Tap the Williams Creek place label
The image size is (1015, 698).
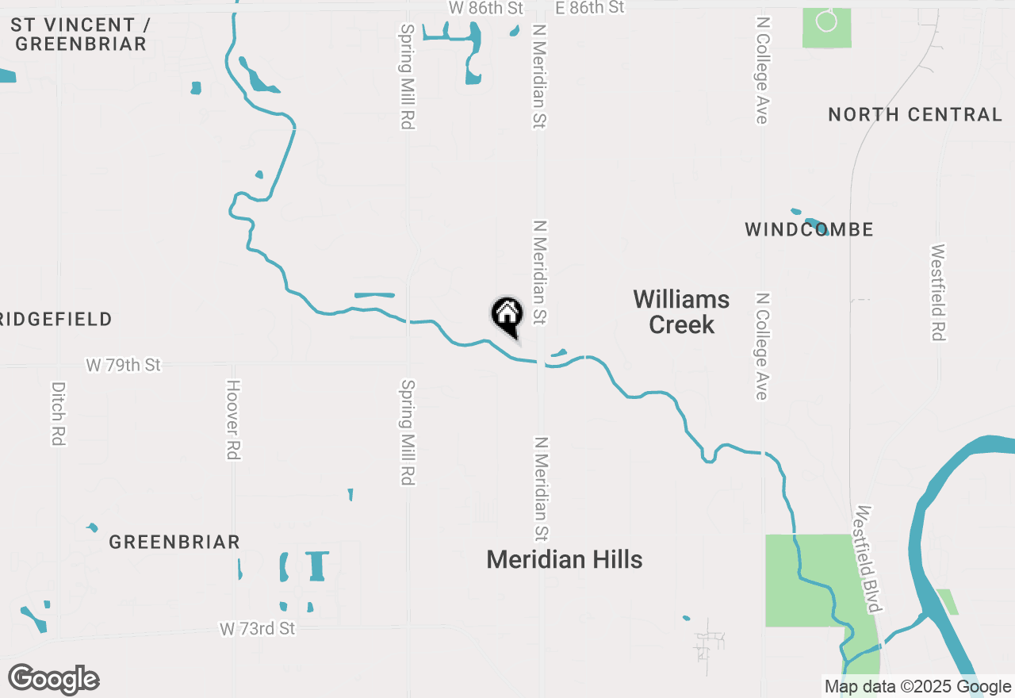click(x=681, y=312)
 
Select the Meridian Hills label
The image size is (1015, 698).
click(x=564, y=559)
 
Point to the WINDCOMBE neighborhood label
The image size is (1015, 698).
click(x=809, y=230)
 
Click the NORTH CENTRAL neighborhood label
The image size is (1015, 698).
click(x=915, y=115)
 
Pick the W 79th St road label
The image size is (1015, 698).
click(x=123, y=365)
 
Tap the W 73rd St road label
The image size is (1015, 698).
click(x=257, y=628)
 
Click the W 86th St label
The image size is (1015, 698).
click(x=486, y=8)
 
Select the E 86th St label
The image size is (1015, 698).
click(x=590, y=7)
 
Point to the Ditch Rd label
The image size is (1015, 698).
click(x=58, y=413)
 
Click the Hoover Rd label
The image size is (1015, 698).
click(x=232, y=420)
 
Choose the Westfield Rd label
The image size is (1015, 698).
click(x=938, y=292)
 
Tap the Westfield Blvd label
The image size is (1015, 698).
click(x=868, y=559)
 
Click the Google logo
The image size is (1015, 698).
click(x=53, y=680)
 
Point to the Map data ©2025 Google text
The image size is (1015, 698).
click(x=917, y=687)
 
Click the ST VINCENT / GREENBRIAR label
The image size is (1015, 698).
click(x=79, y=34)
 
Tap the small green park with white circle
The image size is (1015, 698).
click(x=826, y=27)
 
